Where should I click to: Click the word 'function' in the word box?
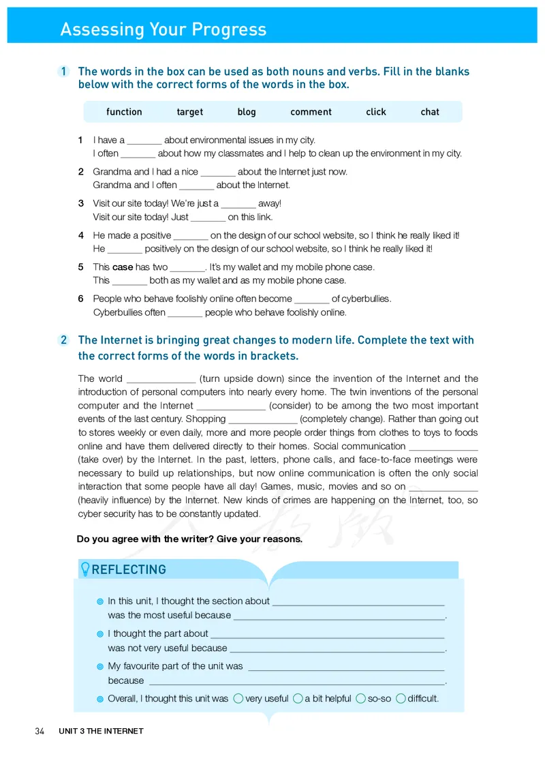point(124,112)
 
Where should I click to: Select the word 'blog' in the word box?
point(247,112)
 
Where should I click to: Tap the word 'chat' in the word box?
point(430,112)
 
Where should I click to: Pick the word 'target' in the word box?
point(189,112)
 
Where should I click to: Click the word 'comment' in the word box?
point(311,112)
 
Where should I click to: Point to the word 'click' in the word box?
point(375,112)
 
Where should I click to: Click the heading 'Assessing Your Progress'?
point(163,29)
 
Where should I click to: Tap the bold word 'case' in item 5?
point(123,267)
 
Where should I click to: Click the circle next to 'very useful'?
point(238,698)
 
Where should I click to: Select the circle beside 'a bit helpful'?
point(298,698)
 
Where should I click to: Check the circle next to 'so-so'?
point(360,698)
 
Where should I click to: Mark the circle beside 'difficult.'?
point(401,698)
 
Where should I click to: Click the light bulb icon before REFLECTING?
point(85,569)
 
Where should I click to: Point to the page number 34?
point(40,731)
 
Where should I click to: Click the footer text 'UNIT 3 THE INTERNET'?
point(101,731)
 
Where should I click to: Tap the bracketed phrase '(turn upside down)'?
point(243,378)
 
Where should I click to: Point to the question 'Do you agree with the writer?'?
point(189,539)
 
